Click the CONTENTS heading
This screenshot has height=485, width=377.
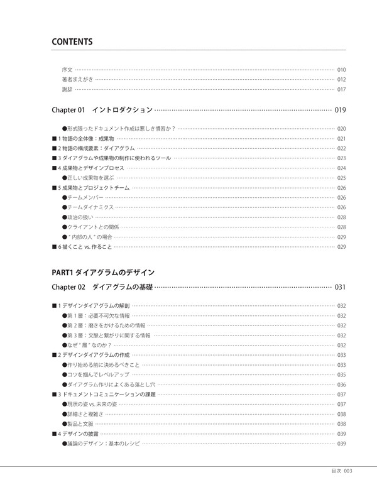(72, 42)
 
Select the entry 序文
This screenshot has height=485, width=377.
(67, 69)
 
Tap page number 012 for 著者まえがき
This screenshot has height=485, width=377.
(342, 79)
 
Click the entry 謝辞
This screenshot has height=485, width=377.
(67, 89)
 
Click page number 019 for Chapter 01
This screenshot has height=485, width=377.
(341, 110)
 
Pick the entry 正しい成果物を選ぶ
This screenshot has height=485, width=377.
(92, 178)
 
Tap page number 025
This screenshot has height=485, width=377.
(342, 178)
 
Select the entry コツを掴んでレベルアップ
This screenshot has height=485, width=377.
(96, 374)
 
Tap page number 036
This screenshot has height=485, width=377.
(342, 384)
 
